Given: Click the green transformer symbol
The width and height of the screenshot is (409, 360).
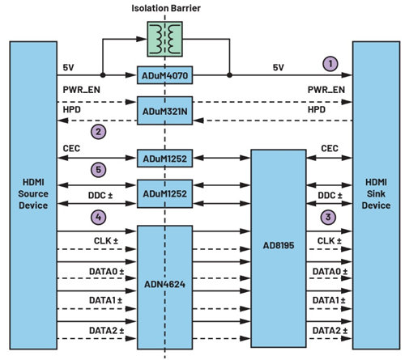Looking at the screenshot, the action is (x=164, y=39).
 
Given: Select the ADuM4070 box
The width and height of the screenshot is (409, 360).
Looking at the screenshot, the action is (x=164, y=75).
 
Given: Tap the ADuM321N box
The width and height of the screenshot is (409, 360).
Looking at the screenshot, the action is (x=164, y=111).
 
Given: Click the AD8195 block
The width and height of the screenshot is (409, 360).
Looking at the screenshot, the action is (x=279, y=248).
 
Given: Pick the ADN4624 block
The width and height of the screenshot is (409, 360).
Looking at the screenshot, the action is (x=164, y=287).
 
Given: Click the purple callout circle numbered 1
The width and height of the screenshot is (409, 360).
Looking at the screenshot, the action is (x=330, y=64).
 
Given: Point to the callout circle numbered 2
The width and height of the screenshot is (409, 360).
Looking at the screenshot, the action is (x=98, y=132).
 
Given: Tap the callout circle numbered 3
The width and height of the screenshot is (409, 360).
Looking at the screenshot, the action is (x=328, y=217).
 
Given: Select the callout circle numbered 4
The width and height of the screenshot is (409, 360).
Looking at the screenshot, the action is (x=98, y=217).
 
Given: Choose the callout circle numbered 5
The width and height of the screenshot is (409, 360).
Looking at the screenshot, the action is (x=98, y=170).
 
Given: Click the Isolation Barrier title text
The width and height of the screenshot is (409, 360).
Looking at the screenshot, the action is (x=166, y=8).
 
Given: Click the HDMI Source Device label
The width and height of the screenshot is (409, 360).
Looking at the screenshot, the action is (x=33, y=194).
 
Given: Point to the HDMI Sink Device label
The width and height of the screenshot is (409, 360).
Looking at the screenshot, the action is (x=376, y=194).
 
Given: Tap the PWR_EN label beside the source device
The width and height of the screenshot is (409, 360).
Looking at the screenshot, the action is (x=81, y=90).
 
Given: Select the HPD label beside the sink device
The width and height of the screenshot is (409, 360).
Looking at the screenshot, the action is (x=317, y=110).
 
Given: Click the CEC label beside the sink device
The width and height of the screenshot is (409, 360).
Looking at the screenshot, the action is (x=330, y=148).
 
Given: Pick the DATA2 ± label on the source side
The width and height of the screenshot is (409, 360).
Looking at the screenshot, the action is (x=106, y=330).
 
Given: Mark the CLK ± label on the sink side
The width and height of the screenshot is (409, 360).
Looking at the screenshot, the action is (x=329, y=240).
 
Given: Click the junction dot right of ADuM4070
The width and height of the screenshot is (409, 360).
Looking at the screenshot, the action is (x=229, y=75).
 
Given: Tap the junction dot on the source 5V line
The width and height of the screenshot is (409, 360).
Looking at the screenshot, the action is (x=103, y=75).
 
